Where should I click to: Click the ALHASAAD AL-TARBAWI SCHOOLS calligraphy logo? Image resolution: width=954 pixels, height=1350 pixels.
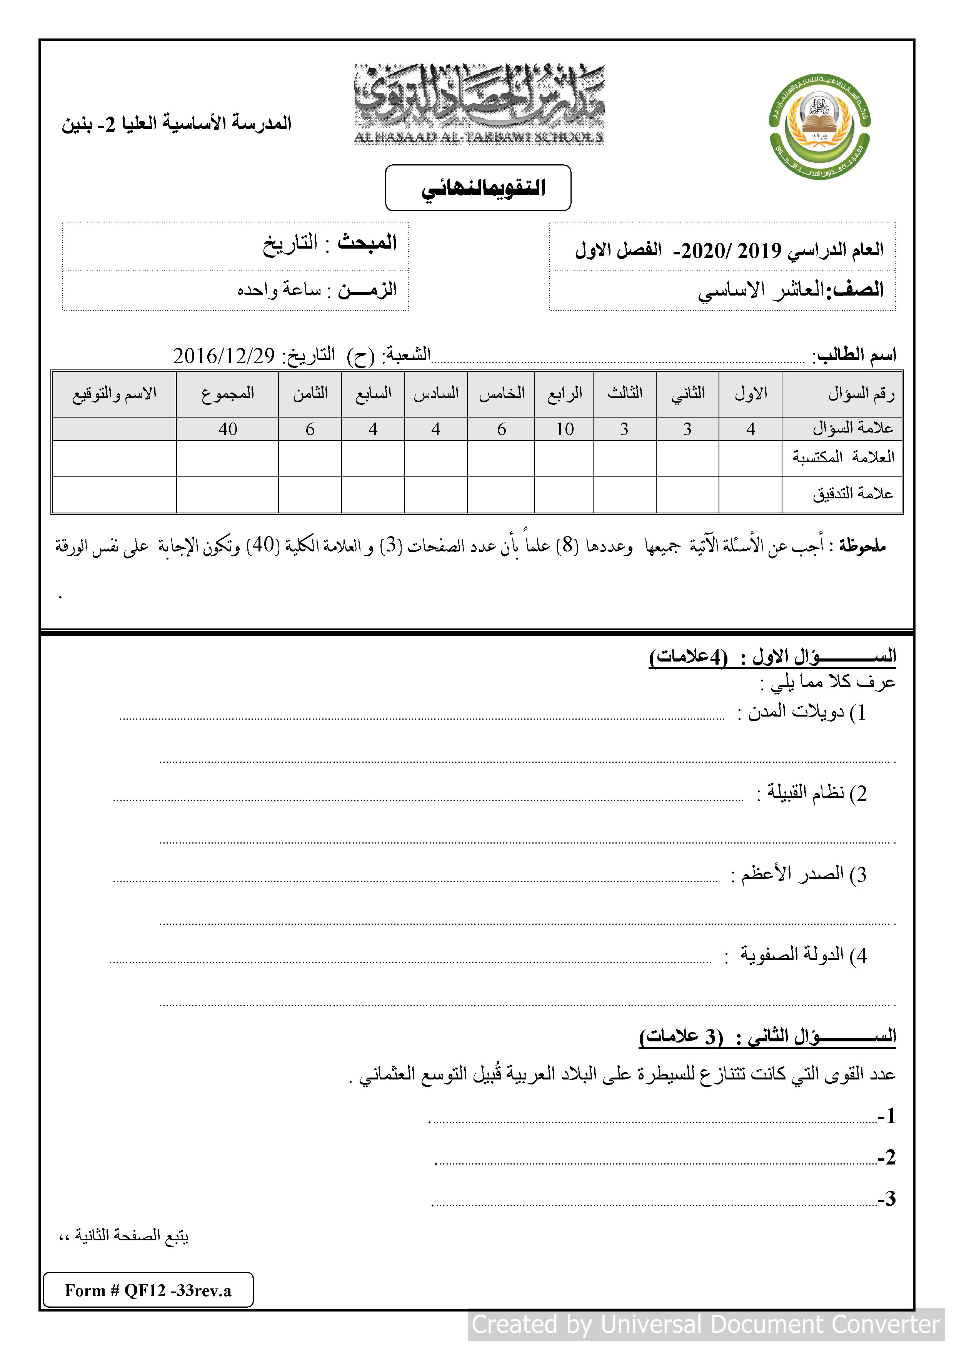(x=479, y=105)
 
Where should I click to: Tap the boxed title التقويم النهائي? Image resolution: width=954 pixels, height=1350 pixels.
(x=478, y=187)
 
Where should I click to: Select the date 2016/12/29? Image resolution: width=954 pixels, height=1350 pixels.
(x=224, y=355)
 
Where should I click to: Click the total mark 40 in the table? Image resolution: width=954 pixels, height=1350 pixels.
(x=227, y=429)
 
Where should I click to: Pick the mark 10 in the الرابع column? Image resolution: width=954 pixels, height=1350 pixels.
(x=564, y=429)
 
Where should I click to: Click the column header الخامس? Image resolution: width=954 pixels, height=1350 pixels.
(x=501, y=393)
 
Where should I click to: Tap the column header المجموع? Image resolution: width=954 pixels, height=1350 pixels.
(x=227, y=393)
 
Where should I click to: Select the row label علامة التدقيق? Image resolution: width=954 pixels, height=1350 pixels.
(x=852, y=493)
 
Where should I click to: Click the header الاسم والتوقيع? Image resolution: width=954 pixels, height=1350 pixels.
(x=115, y=393)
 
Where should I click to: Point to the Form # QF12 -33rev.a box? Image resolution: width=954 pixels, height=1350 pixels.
(x=148, y=1290)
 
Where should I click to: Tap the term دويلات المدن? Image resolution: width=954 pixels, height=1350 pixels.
(x=796, y=712)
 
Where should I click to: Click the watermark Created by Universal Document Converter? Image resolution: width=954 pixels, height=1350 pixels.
(x=705, y=1324)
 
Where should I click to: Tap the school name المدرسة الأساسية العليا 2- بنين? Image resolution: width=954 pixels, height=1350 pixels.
(x=176, y=124)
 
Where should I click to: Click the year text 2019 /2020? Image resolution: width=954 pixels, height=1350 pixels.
(x=731, y=251)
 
